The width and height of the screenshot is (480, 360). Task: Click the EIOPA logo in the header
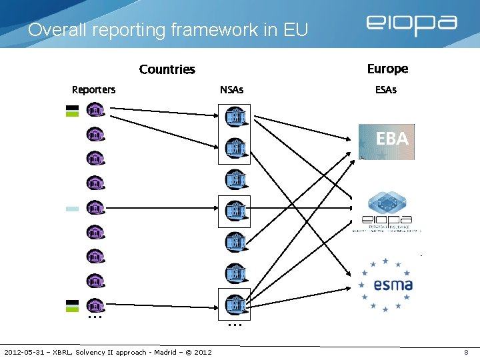(x=411, y=25)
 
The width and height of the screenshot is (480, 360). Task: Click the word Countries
(x=167, y=69)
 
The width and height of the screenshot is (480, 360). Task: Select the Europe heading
(x=387, y=69)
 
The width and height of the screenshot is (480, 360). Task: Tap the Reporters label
(x=93, y=90)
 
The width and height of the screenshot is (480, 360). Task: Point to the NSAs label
(x=232, y=90)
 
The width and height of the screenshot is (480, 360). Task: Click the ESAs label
(x=386, y=90)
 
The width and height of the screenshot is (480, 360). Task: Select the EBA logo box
(x=387, y=141)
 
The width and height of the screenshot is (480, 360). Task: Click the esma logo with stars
(x=386, y=285)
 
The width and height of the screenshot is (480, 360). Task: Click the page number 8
(x=466, y=352)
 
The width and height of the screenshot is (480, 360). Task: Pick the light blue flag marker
(x=72, y=209)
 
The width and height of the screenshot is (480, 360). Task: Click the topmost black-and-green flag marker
(x=72, y=111)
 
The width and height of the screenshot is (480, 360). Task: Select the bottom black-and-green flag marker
(x=72, y=305)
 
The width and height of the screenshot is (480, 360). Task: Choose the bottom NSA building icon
(x=234, y=305)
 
